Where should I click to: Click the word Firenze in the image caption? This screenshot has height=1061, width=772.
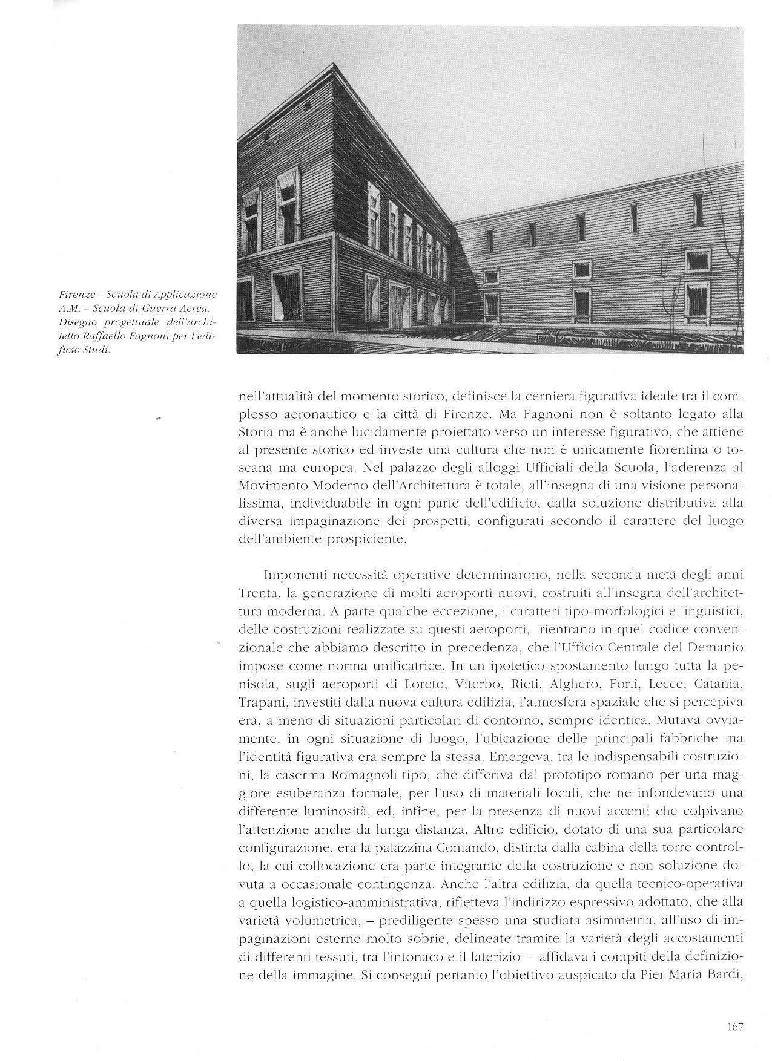pyautogui.click(x=76, y=295)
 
